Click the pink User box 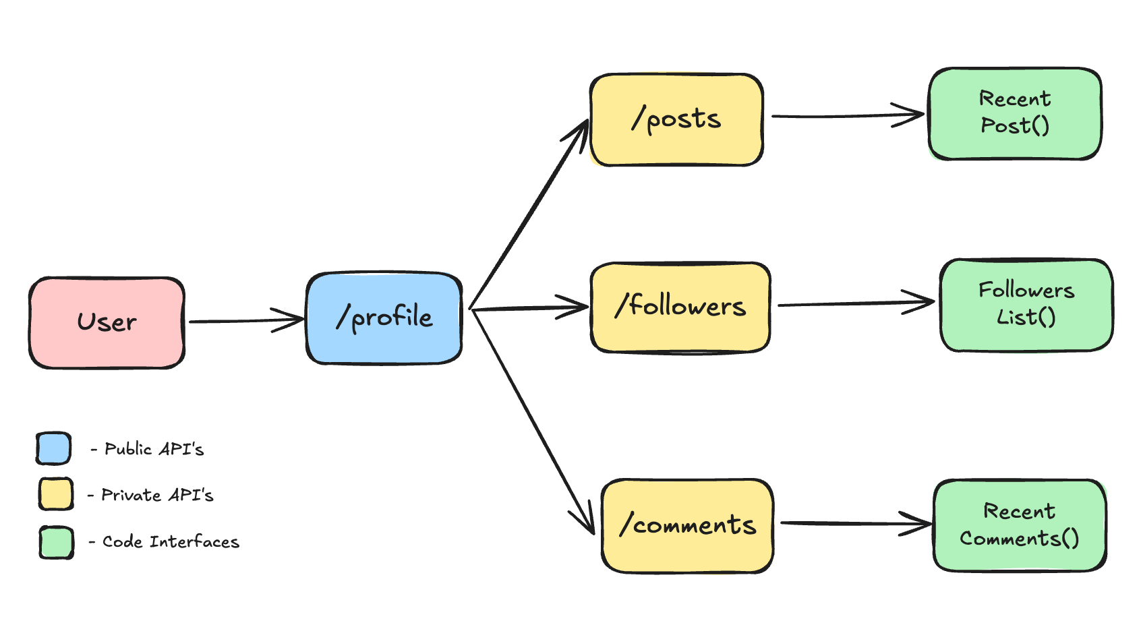107,322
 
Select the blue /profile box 384,318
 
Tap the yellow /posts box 676,119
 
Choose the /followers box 680,307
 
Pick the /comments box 687,525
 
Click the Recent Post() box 1014,113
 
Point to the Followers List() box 1026,305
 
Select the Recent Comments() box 1019,525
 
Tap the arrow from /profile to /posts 529,214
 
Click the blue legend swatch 54,448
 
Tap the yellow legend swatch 55,494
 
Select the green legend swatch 56,542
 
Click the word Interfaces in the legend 194,542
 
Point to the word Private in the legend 131,495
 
